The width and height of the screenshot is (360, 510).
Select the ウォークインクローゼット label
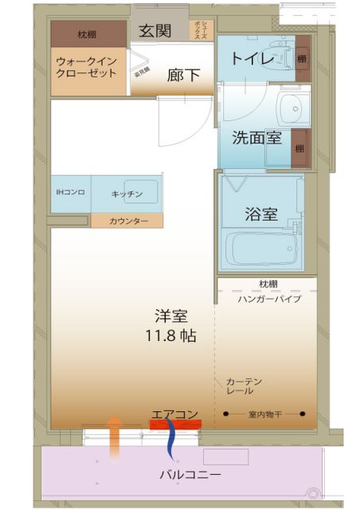tap(86, 65)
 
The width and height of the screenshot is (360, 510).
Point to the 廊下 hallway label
tap(182, 76)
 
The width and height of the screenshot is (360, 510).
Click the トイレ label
tap(252, 58)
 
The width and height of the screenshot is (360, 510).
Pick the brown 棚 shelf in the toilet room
tap(301, 58)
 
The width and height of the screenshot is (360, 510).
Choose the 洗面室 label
tap(256, 137)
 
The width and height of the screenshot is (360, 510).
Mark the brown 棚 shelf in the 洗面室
tap(299, 148)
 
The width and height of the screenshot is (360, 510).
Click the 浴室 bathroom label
tap(260, 214)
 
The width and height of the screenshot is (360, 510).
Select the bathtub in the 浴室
tap(264, 249)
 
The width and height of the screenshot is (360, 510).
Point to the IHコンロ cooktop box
tap(71, 194)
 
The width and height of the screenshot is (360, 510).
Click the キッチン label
tap(127, 194)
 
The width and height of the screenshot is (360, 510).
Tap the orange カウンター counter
tap(127, 221)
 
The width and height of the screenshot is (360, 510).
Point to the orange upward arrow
tap(114, 437)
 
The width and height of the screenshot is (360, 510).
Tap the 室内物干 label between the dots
tap(264, 414)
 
